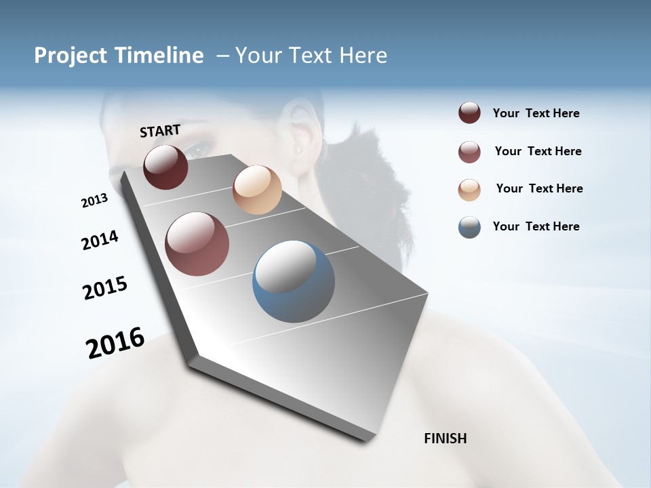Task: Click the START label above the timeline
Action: click(160, 131)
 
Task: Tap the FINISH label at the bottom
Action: click(445, 439)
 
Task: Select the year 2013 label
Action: click(94, 201)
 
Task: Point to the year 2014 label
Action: click(100, 240)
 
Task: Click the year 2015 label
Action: click(105, 288)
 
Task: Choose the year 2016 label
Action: click(115, 343)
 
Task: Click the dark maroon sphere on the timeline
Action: click(165, 167)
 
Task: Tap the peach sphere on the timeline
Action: click(257, 190)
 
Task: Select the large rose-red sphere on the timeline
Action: click(197, 244)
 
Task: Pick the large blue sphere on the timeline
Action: click(293, 281)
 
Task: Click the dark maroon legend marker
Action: click(469, 113)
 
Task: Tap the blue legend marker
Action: click(469, 227)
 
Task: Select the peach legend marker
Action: click(469, 190)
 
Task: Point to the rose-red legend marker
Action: click(469, 152)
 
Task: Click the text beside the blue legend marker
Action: click(536, 226)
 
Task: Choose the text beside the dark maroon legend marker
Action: click(536, 113)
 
